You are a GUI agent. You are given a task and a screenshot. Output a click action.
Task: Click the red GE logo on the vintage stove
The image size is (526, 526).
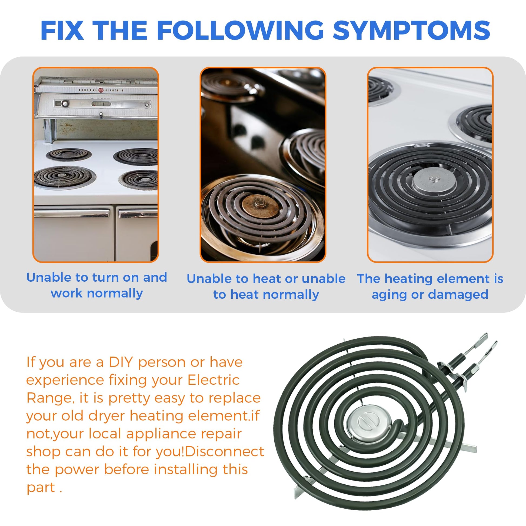click(x=101, y=90)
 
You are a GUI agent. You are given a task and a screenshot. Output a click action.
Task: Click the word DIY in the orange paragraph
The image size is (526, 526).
click(x=120, y=362)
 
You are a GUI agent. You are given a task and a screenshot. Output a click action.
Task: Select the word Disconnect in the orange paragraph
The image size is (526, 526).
click(x=224, y=452)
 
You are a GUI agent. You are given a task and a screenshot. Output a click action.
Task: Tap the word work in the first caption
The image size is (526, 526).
click(x=66, y=293)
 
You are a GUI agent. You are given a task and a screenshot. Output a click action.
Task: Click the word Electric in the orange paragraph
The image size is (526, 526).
click(x=213, y=380)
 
